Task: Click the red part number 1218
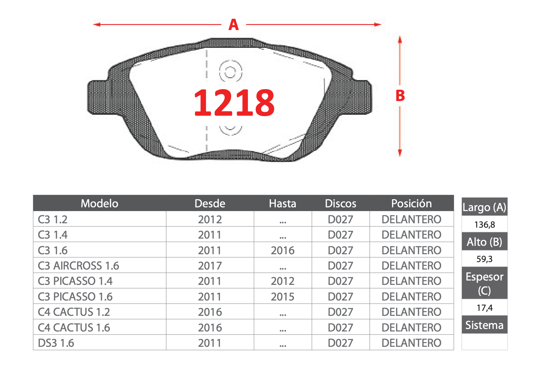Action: pyautogui.click(x=234, y=102)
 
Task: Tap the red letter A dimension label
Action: pyautogui.click(x=234, y=24)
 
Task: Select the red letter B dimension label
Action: pyautogui.click(x=400, y=96)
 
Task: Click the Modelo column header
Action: pyautogui.click(x=99, y=204)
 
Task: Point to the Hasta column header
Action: pyautogui.click(x=282, y=204)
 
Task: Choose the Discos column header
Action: pyautogui.click(x=341, y=204)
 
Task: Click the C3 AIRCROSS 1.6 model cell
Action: pyautogui.click(x=78, y=266)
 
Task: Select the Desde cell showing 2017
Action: pyautogui.click(x=210, y=266)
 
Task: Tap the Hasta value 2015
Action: pyautogui.click(x=282, y=297)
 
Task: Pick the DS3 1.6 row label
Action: pyautogui.click(x=56, y=343)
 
